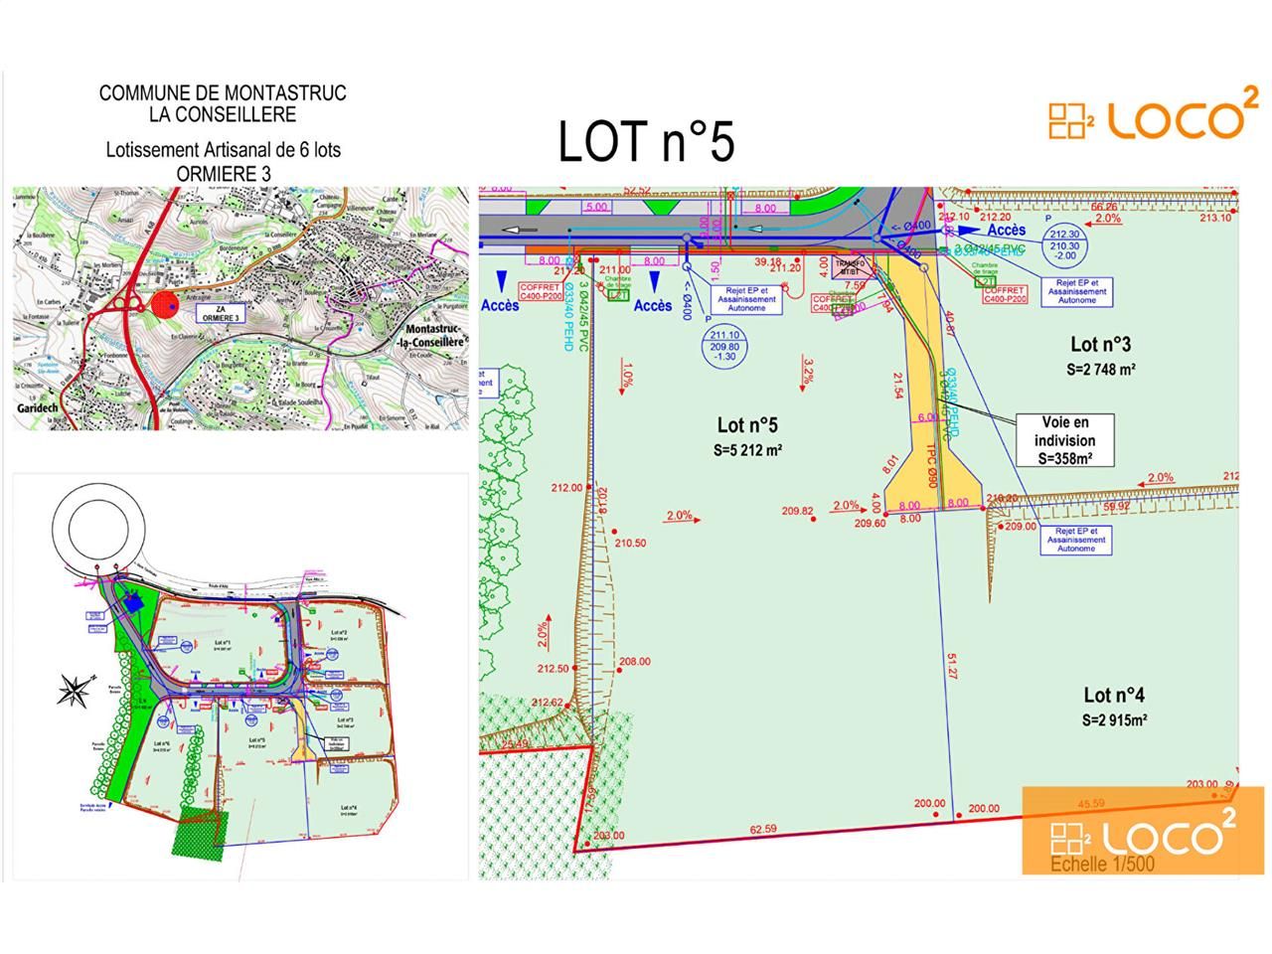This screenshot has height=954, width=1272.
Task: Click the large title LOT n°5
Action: (646, 141)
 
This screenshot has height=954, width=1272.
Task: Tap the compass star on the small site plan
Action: (76, 690)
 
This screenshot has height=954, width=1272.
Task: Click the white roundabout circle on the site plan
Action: (102, 528)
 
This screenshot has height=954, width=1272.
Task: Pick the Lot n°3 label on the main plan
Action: (1100, 345)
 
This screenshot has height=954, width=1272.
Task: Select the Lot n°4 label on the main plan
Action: (1114, 696)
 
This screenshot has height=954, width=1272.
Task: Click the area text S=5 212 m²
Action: (747, 450)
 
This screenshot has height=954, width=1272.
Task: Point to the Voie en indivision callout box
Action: (1065, 440)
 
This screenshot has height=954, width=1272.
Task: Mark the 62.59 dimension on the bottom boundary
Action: (763, 829)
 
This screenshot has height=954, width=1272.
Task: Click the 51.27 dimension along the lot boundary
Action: (952, 666)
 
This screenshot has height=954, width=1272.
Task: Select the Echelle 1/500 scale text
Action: (1102, 865)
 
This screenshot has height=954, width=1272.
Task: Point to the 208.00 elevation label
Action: (635, 662)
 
